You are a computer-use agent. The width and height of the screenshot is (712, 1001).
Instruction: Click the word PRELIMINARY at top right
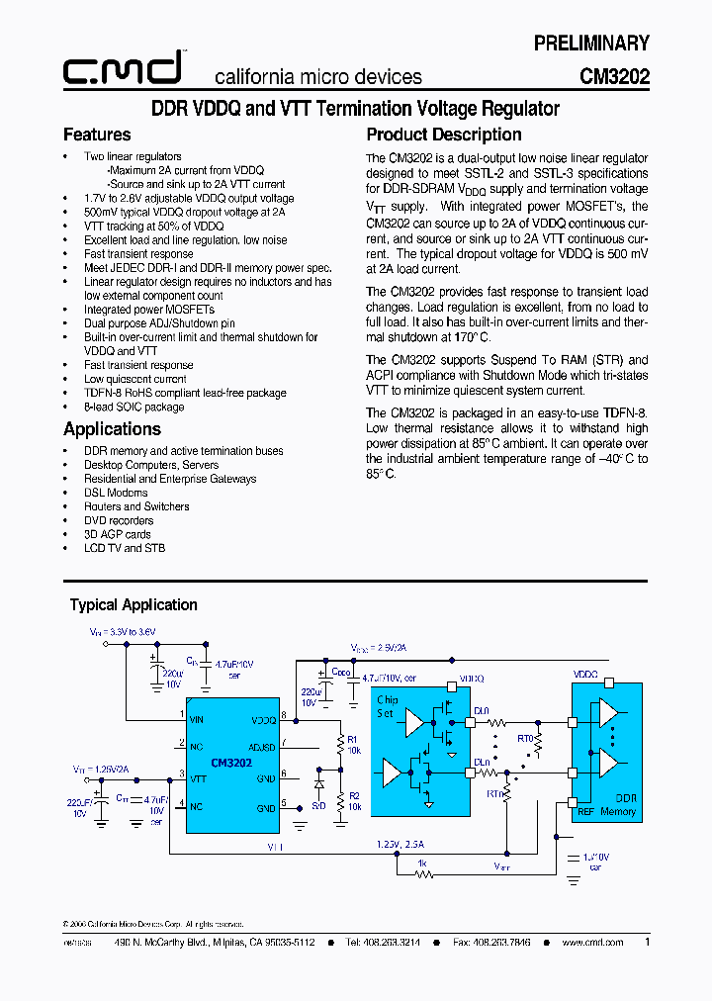pyautogui.click(x=591, y=43)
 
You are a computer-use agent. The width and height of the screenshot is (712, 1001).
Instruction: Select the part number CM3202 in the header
pyautogui.click(x=614, y=76)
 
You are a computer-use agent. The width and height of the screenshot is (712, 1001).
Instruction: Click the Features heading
pyautogui.click(x=97, y=135)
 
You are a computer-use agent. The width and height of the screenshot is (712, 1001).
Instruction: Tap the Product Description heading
pyautogui.click(x=444, y=135)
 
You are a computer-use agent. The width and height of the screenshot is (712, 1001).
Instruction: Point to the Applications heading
pyautogui.click(x=112, y=428)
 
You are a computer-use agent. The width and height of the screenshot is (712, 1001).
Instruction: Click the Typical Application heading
pyautogui.click(x=133, y=604)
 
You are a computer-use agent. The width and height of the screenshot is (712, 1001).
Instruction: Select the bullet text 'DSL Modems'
pyautogui.click(x=116, y=493)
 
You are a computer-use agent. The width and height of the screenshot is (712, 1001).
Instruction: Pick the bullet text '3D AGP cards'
pyautogui.click(x=117, y=534)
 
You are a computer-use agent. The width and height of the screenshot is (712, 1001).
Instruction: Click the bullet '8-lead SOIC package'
pyautogui.click(x=133, y=407)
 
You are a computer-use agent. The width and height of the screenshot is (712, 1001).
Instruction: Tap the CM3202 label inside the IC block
pyautogui.click(x=231, y=763)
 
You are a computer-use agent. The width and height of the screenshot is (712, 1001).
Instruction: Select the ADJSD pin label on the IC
pyautogui.click(x=262, y=748)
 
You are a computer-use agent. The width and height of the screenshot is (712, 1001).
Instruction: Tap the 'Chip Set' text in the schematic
pyautogui.click(x=388, y=705)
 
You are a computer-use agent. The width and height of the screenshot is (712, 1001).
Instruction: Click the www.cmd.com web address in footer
pyautogui.click(x=593, y=943)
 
